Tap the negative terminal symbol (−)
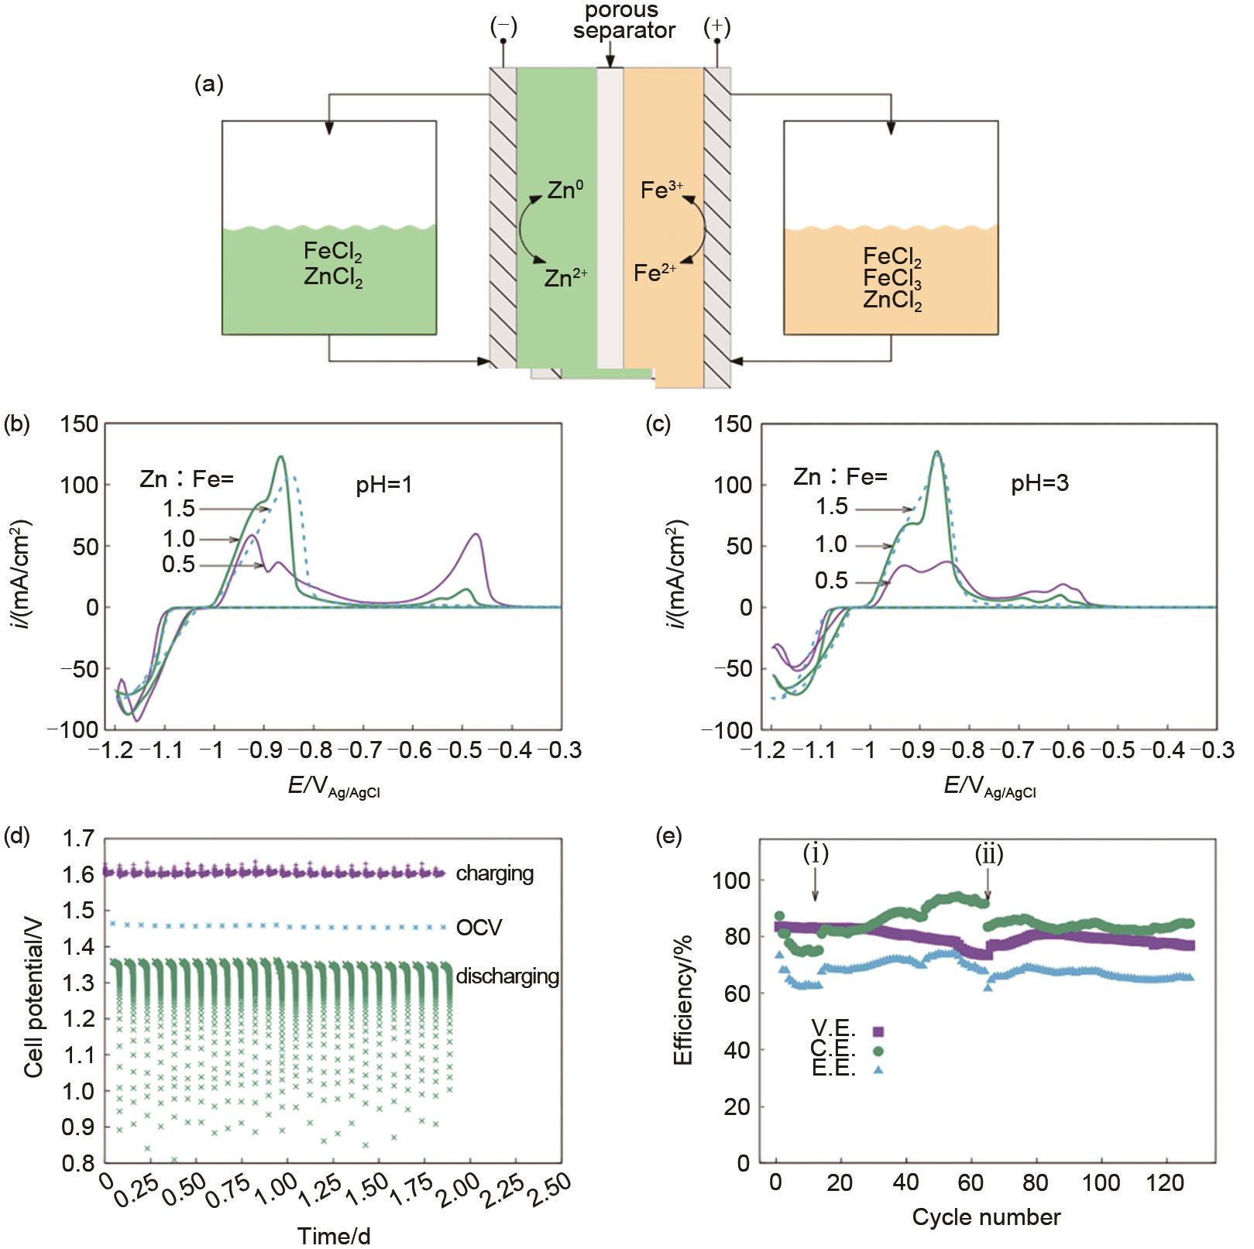tap(503, 27)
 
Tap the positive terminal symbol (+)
tap(716, 27)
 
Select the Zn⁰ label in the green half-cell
tap(565, 190)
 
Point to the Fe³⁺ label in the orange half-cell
tap(661, 190)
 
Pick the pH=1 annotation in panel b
tap(385, 485)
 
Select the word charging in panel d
tap(494, 873)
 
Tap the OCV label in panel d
tap(479, 927)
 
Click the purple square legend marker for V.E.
tap(878, 1031)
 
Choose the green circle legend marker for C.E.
tap(878, 1051)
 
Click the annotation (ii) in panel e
tap(988, 854)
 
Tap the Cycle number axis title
tap(985, 1216)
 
